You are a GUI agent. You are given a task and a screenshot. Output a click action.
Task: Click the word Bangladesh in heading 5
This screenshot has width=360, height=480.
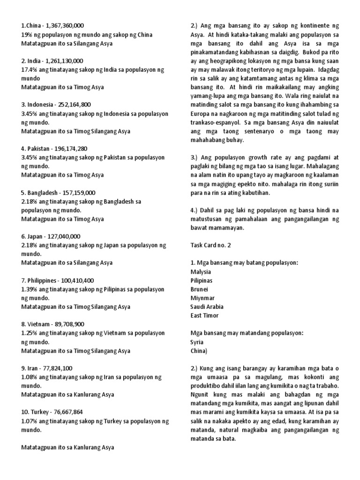coord(43,193)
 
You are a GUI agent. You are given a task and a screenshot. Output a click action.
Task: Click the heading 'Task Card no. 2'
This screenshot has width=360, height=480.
coord(211,245)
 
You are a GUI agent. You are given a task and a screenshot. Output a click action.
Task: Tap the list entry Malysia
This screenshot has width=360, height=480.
coord(201,271)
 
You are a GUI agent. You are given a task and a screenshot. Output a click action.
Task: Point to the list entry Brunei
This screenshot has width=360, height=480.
coord(199,289)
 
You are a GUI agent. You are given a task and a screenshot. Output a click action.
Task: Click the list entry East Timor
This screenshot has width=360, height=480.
coord(205,315)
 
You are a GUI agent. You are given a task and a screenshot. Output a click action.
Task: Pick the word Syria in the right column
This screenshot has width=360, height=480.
coord(197,342)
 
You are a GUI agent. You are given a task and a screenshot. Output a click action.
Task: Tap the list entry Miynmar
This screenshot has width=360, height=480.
coord(202,298)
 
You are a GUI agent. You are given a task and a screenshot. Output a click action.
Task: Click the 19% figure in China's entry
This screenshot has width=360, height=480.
coord(27,34)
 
